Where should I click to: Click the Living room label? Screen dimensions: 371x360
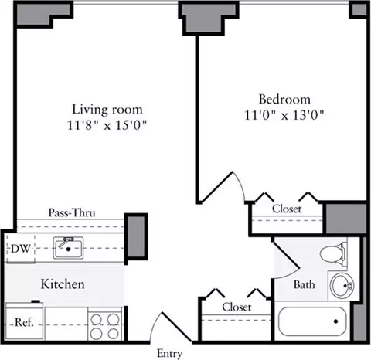click(x=107, y=110)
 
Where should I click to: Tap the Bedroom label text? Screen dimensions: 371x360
click(x=284, y=100)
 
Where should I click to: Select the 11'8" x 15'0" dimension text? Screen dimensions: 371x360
click(x=107, y=125)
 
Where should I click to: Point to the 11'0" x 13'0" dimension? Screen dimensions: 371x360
click(x=284, y=115)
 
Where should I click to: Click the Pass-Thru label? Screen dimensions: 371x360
click(x=72, y=212)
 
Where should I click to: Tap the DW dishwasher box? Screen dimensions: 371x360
click(x=21, y=249)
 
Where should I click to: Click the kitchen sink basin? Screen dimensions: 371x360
click(x=68, y=248)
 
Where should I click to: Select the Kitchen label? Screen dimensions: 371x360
click(x=63, y=284)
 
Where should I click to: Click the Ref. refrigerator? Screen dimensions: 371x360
click(x=25, y=322)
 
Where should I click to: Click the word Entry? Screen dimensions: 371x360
click(x=169, y=353)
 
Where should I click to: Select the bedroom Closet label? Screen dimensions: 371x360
click(x=287, y=209)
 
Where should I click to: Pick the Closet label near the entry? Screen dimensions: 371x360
click(x=237, y=307)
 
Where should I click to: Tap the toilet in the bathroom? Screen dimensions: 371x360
click(x=332, y=253)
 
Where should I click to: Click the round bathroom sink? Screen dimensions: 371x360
click(x=342, y=285)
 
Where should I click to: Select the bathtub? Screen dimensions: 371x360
click(x=312, y=321)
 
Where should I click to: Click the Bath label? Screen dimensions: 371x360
click(x=305, y=284)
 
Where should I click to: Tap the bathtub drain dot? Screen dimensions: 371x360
click(x=335, y=321)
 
